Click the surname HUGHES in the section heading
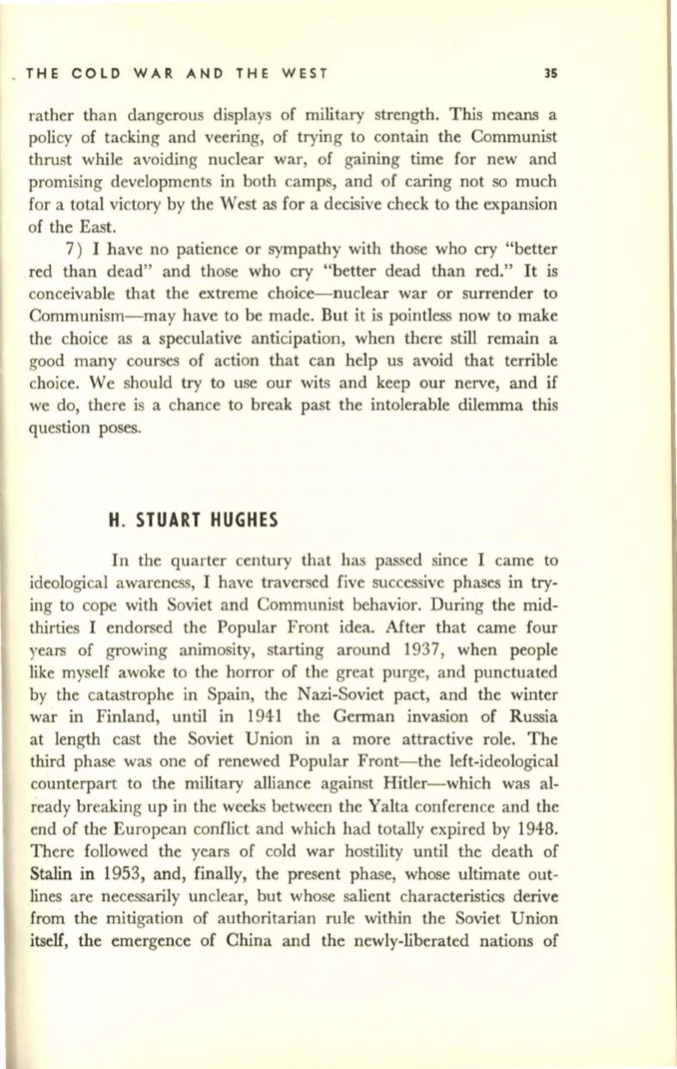(225, 494)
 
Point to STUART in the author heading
(160, 494)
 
